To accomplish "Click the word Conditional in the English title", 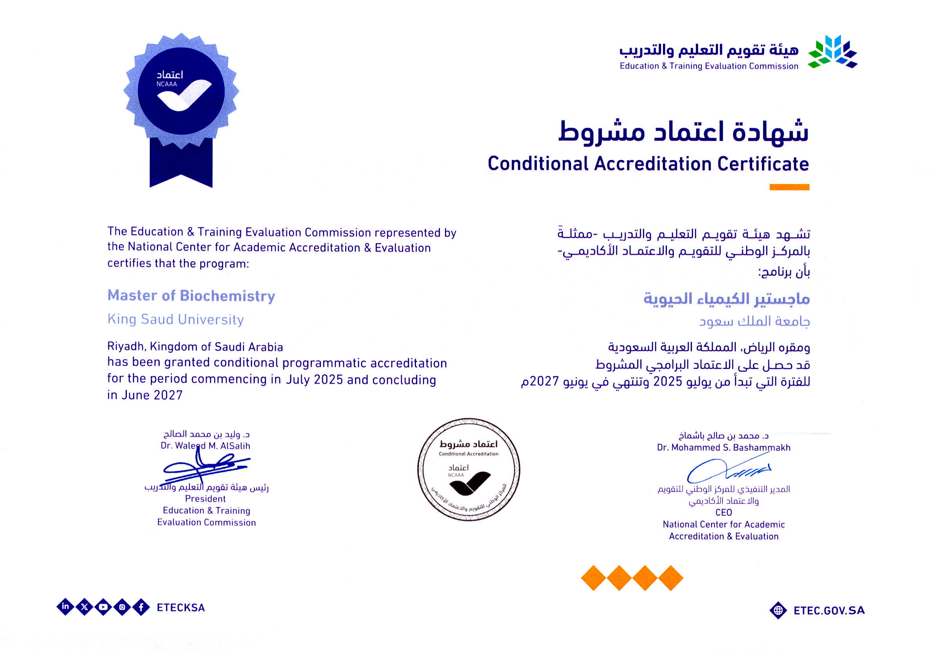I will click(538, 164).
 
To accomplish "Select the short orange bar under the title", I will click(789, 188).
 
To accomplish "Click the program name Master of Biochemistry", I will click(191, 296).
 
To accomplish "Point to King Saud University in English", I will click(176, 319).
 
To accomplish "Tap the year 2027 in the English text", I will click(168, 395).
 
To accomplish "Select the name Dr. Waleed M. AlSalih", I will click(205, 446).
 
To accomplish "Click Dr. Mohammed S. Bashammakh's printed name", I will click(724, 447).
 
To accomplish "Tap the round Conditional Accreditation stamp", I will click(468, 469).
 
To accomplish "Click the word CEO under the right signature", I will click(724, 512).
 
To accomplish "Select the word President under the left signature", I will click(205, 499).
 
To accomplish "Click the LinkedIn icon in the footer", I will click(65, 607).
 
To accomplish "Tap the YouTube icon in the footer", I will click(103, 607).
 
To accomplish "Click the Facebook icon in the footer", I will click(141, 607).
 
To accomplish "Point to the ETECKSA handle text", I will click(181, 608).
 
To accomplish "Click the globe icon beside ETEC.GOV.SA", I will click(778, 610).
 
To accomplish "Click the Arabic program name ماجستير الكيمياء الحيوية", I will click(727, 299).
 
